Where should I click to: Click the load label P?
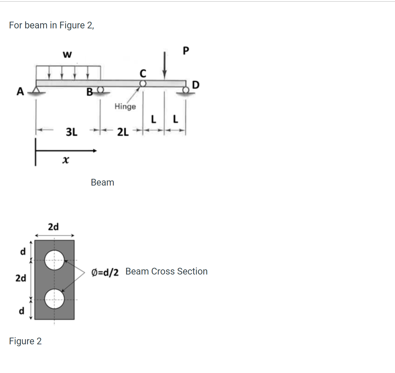pyautogui.click(x=186, y=51)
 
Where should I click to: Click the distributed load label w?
pyautogui.click(x=67, y=55)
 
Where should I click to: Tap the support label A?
pyautogui.click(x=20, y=91)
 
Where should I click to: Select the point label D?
pyautogui.click(x=196, y=85)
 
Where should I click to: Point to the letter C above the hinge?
pyautogui.click(x=143, y=74)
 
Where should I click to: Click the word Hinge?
pyautogui.click(x=125, y=106)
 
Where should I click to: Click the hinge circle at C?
pyautogui.click(x=143, y=84)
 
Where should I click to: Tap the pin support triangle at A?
pyautogui.click(x=36, y=90)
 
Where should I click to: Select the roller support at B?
pyautogui.click(x=100, y=90)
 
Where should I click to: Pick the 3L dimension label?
pyautogui.click(x=71, y=132)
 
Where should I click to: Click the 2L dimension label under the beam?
pyautogui.click(x=123, y=132)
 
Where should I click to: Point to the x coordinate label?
pyautogui.click(x=65, y=160)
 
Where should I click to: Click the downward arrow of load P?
pyautogui.click(x=164, y=65)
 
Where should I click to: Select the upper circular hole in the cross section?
pyautogui.click(x=54, y=260)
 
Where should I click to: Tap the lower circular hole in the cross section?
pyautogui.click(x=54, y=299)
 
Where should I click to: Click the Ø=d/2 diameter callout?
pyautogui.click(x=105, y=272)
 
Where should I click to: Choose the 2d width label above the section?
pyautogui.click(x=53, y=227)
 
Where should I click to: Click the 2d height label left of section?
pyautogui.click(x=21, y=278)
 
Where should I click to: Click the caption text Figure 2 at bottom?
pyautogui.click(x=25, y=341)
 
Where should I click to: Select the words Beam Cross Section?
pyautogui.click(x=166, y=271)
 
